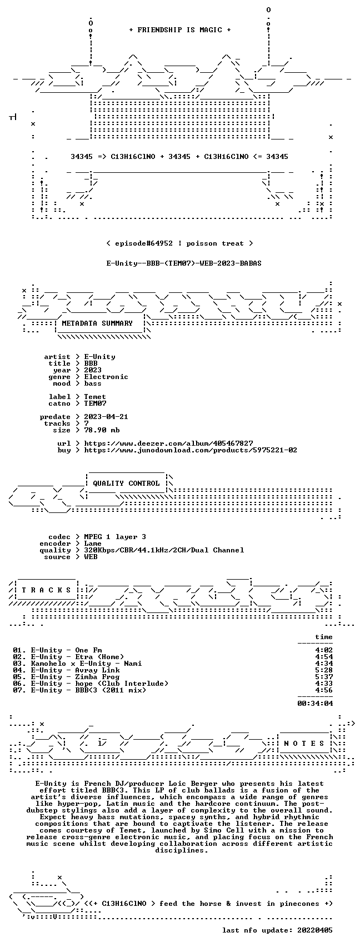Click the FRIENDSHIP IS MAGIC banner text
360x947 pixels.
[x=179, y=30]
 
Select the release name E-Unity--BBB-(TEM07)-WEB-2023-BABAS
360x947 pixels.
[x=184, y=263]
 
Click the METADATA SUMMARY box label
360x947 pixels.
[x=97, y=323]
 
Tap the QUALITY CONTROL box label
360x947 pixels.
[x=126, y=483]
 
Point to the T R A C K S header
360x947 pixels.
[x=47, y=590]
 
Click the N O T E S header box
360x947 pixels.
[x=304, y=743]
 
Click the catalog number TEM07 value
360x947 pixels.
[x=95, y=403]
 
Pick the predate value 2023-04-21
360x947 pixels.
[x=106, y=416]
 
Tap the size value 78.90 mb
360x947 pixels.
[x=102, y=430]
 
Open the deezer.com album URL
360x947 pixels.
[x=168, y=443]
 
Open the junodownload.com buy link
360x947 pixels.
[x=191, y=450]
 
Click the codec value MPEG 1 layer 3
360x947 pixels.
[x=115, y=536]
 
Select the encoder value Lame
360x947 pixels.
[x=93, y=544]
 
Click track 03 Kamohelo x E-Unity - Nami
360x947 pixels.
[x=77, y=664]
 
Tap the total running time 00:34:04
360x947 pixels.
[x=315, y=704]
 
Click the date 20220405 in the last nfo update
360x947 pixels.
[x=315, y=930]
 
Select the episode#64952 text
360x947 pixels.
[x=144, y=243]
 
